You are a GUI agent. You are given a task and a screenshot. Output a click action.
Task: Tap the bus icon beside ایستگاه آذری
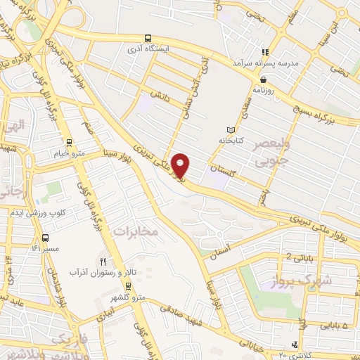pos(147,38)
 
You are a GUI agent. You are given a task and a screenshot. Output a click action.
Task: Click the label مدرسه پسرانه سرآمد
pos(264,63)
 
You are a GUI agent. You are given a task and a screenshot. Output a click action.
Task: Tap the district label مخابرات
pos(136,231)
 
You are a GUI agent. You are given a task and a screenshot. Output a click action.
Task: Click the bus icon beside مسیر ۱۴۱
pos(46,238)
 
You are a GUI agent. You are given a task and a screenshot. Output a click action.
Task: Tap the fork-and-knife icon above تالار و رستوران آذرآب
pos(103,261)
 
